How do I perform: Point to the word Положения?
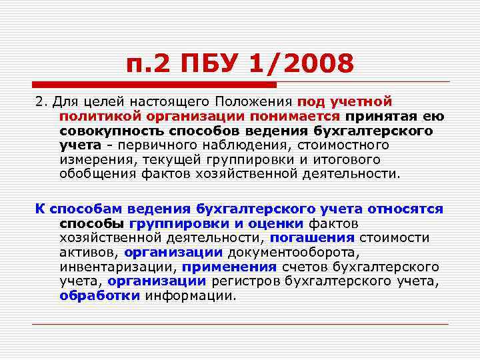click(254, 103)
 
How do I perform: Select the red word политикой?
click(95, 117)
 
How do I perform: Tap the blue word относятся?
click(405, 209)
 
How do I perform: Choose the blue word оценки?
click(277, 223)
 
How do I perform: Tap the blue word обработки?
click(99, 296)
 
